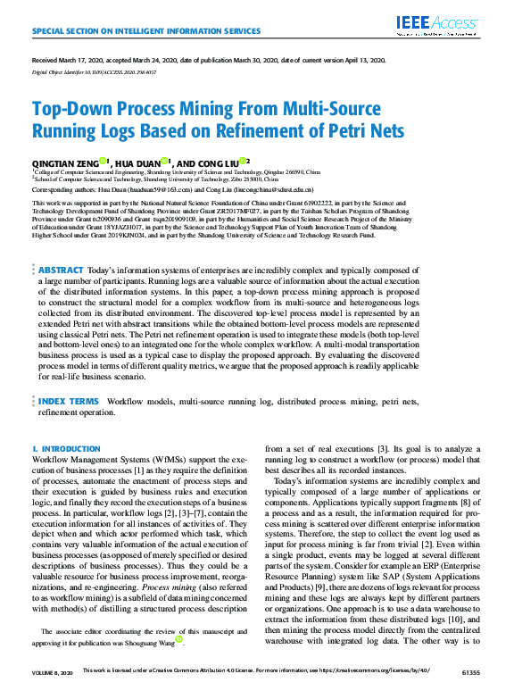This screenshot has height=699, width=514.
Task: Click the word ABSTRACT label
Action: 61,269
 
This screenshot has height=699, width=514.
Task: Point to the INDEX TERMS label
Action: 69,403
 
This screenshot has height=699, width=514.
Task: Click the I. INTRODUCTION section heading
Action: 65,448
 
